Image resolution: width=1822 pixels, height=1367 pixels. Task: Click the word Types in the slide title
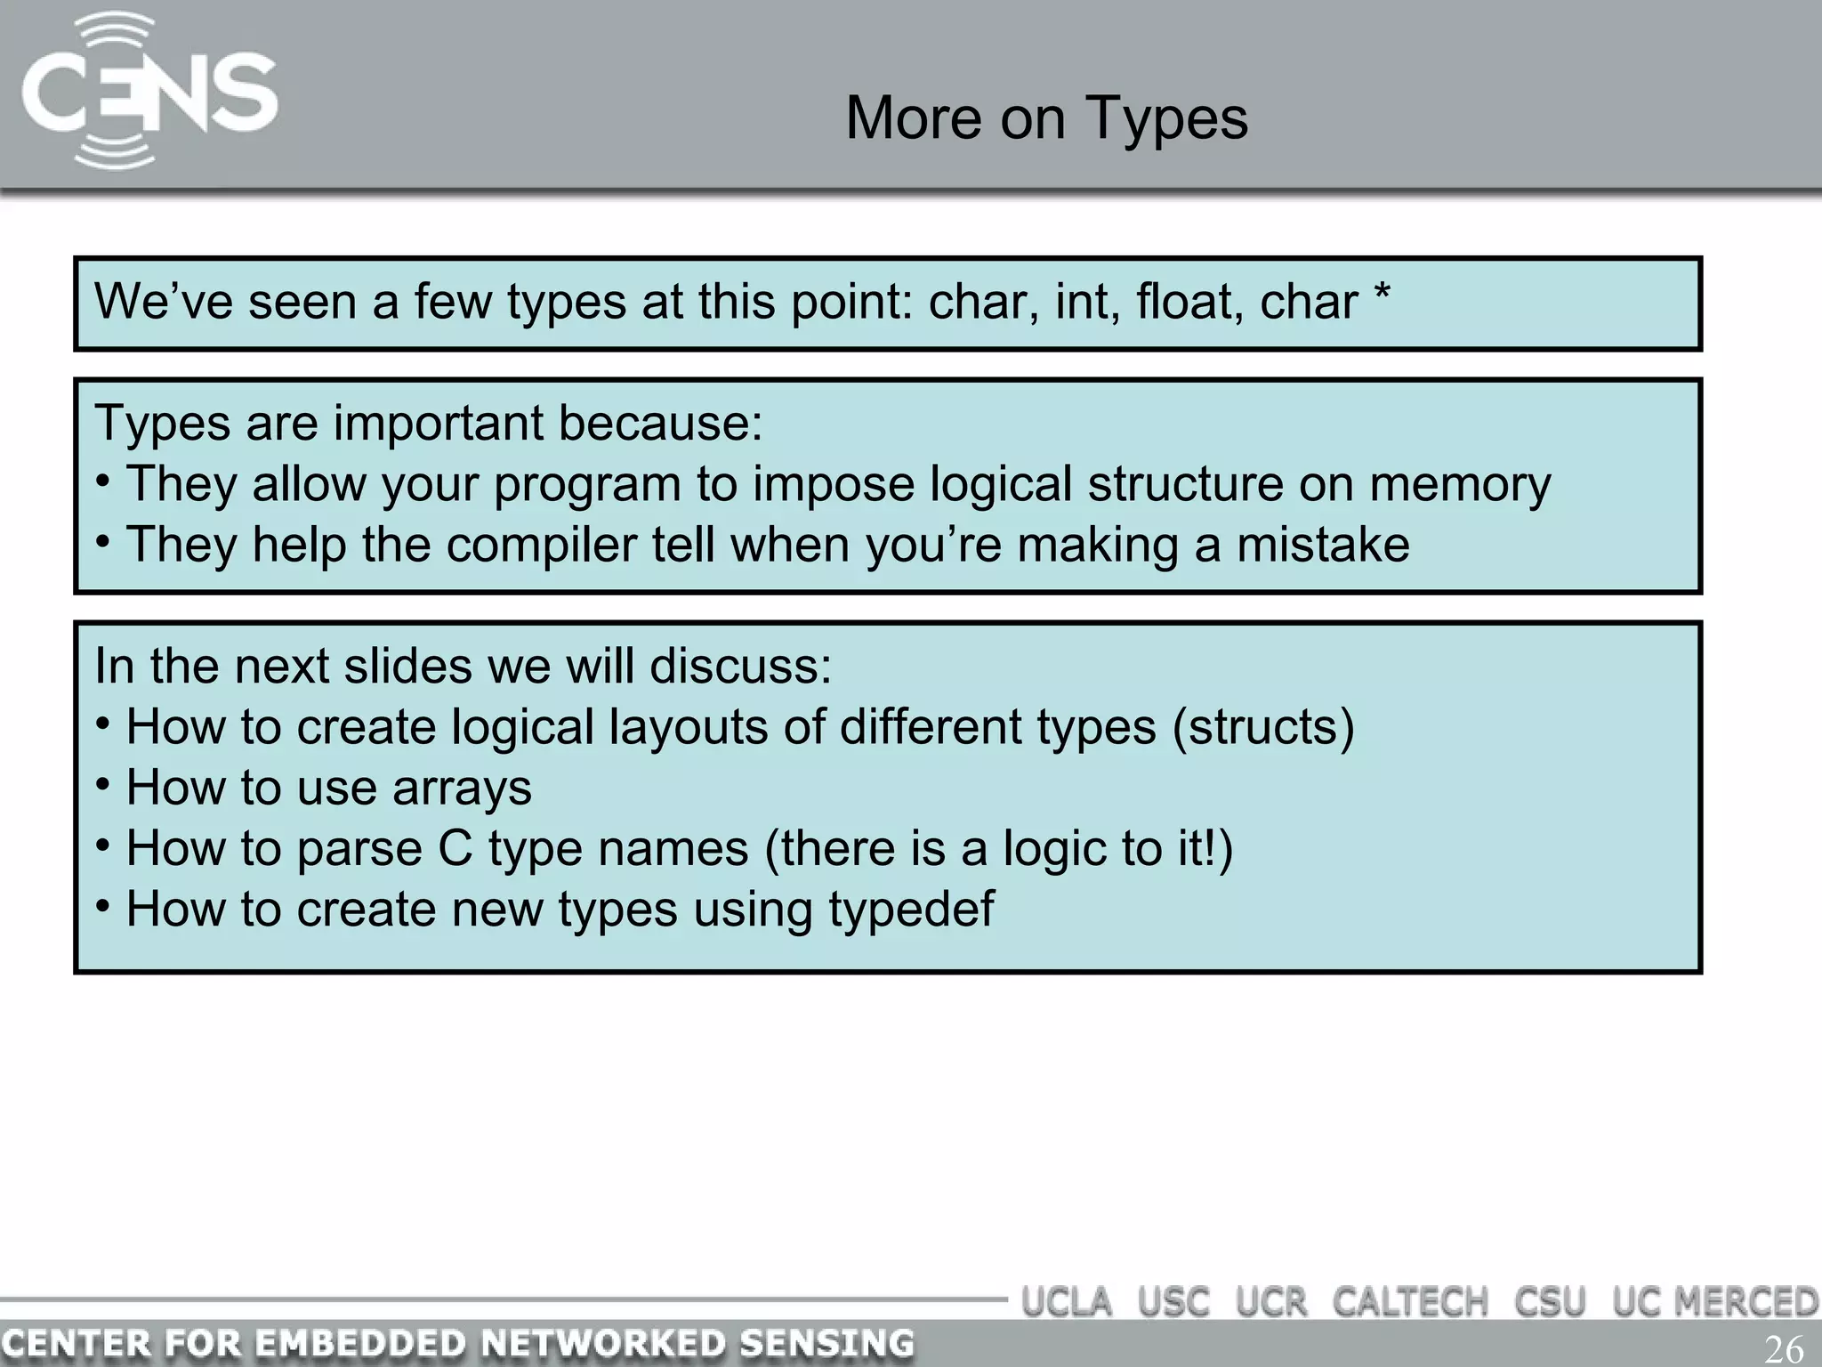point(1165,118)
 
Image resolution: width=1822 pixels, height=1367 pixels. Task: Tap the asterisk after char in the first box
point(1382,294)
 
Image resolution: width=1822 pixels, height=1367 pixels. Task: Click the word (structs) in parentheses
point(1263,727)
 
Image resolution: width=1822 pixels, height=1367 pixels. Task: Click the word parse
point(359,849)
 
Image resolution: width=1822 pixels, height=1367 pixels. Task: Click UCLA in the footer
point(1067,1302)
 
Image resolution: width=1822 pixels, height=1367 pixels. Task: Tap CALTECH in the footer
point(1409,1302)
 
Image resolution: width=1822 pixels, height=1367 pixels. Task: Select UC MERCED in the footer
point(1715,1302)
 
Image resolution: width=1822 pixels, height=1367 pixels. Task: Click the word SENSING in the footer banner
point(826,1343)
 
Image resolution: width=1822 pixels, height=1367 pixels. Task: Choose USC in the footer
point(1173,1302)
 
